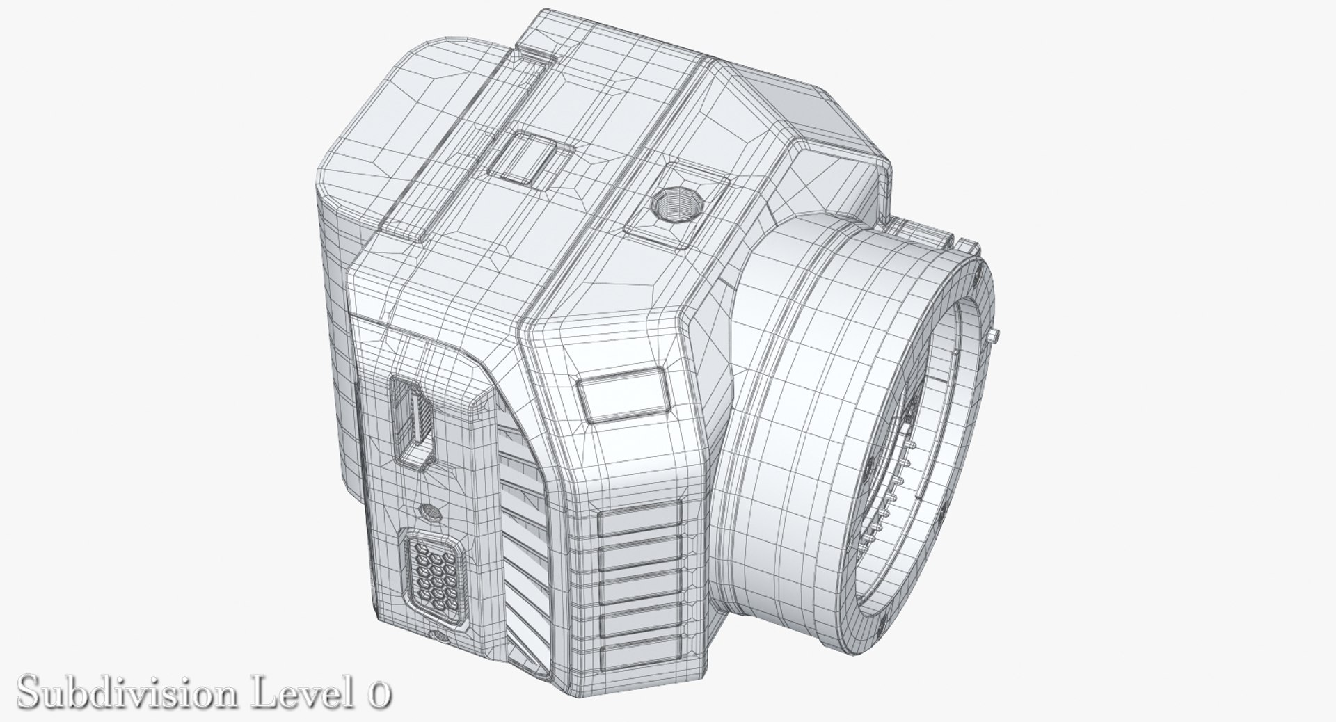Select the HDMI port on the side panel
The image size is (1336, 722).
click(415, 425)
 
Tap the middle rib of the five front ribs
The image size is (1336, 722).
click(639, 588)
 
